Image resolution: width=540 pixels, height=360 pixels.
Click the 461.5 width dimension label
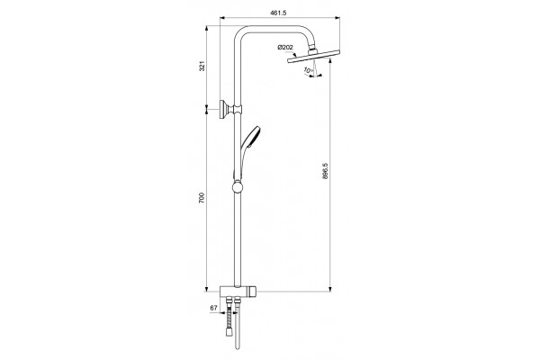(278, 13)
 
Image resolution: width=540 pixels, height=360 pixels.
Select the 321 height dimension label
(202, 66)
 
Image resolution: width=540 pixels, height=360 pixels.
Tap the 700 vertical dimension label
(202, 198)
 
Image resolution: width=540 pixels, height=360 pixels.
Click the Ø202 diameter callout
(285, 47)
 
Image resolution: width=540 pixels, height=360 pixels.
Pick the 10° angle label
(308, 70)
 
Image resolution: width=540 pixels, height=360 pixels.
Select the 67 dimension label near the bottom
(213, 308)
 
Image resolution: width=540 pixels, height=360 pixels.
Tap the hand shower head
(253, 135)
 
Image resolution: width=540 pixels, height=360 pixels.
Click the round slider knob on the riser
(238, 187)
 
